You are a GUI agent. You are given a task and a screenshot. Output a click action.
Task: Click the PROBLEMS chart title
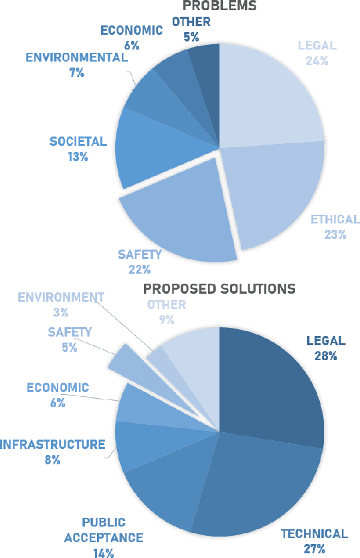[x=219, y=5]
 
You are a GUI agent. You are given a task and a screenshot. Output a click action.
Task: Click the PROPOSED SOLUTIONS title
[x=219, y=289]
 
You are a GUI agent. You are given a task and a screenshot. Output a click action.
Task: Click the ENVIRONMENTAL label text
[x=76, y=57]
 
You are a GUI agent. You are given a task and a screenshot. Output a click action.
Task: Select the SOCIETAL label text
[x=78, y=141]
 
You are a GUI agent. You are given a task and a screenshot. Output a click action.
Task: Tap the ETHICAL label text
[x=335, y=219]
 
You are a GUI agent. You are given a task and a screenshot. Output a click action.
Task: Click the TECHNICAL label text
[x=314, y=534]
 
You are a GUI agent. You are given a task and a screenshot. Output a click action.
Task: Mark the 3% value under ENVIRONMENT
[x=60, y=312]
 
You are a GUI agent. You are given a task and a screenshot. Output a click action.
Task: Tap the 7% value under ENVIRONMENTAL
[x=76, y=72]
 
